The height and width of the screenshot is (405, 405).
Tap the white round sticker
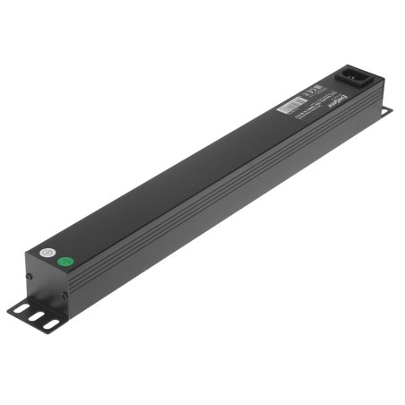point(50,254)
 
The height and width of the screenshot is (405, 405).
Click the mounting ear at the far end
point(385,110)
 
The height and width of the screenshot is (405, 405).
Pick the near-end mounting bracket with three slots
point(33,315)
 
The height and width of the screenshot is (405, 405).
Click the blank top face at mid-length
point(188,170)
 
